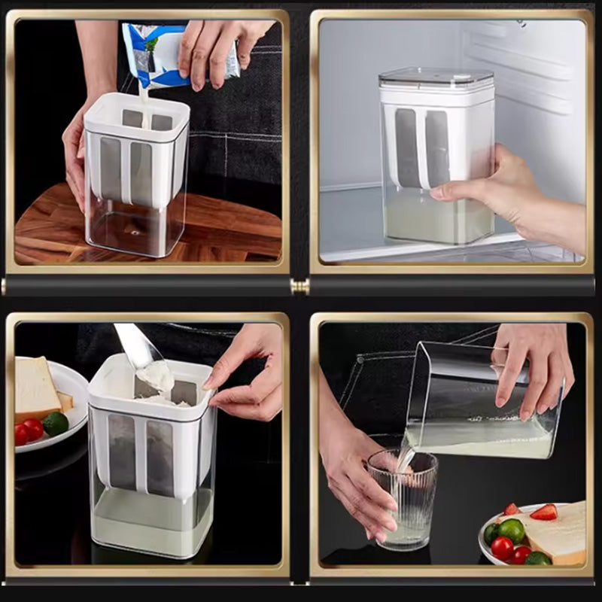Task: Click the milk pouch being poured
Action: click(x=154, y=53)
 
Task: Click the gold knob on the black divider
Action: click(x=299, y=286)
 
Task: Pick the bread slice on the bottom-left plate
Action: click(x=36, y=388)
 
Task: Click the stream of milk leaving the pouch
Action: click(x=141, y=98)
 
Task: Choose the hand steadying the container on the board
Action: click(x=75, y=150)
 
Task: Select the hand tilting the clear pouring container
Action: click(x=531, y=369)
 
